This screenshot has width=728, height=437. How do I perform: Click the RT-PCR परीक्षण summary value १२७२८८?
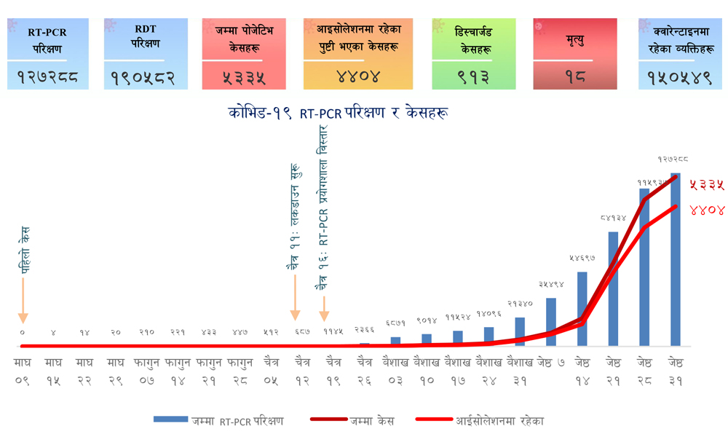click(47, 76)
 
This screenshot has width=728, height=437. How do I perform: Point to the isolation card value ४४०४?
click(352, 75)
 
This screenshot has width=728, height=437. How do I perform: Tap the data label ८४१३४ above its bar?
click(613, 218)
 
